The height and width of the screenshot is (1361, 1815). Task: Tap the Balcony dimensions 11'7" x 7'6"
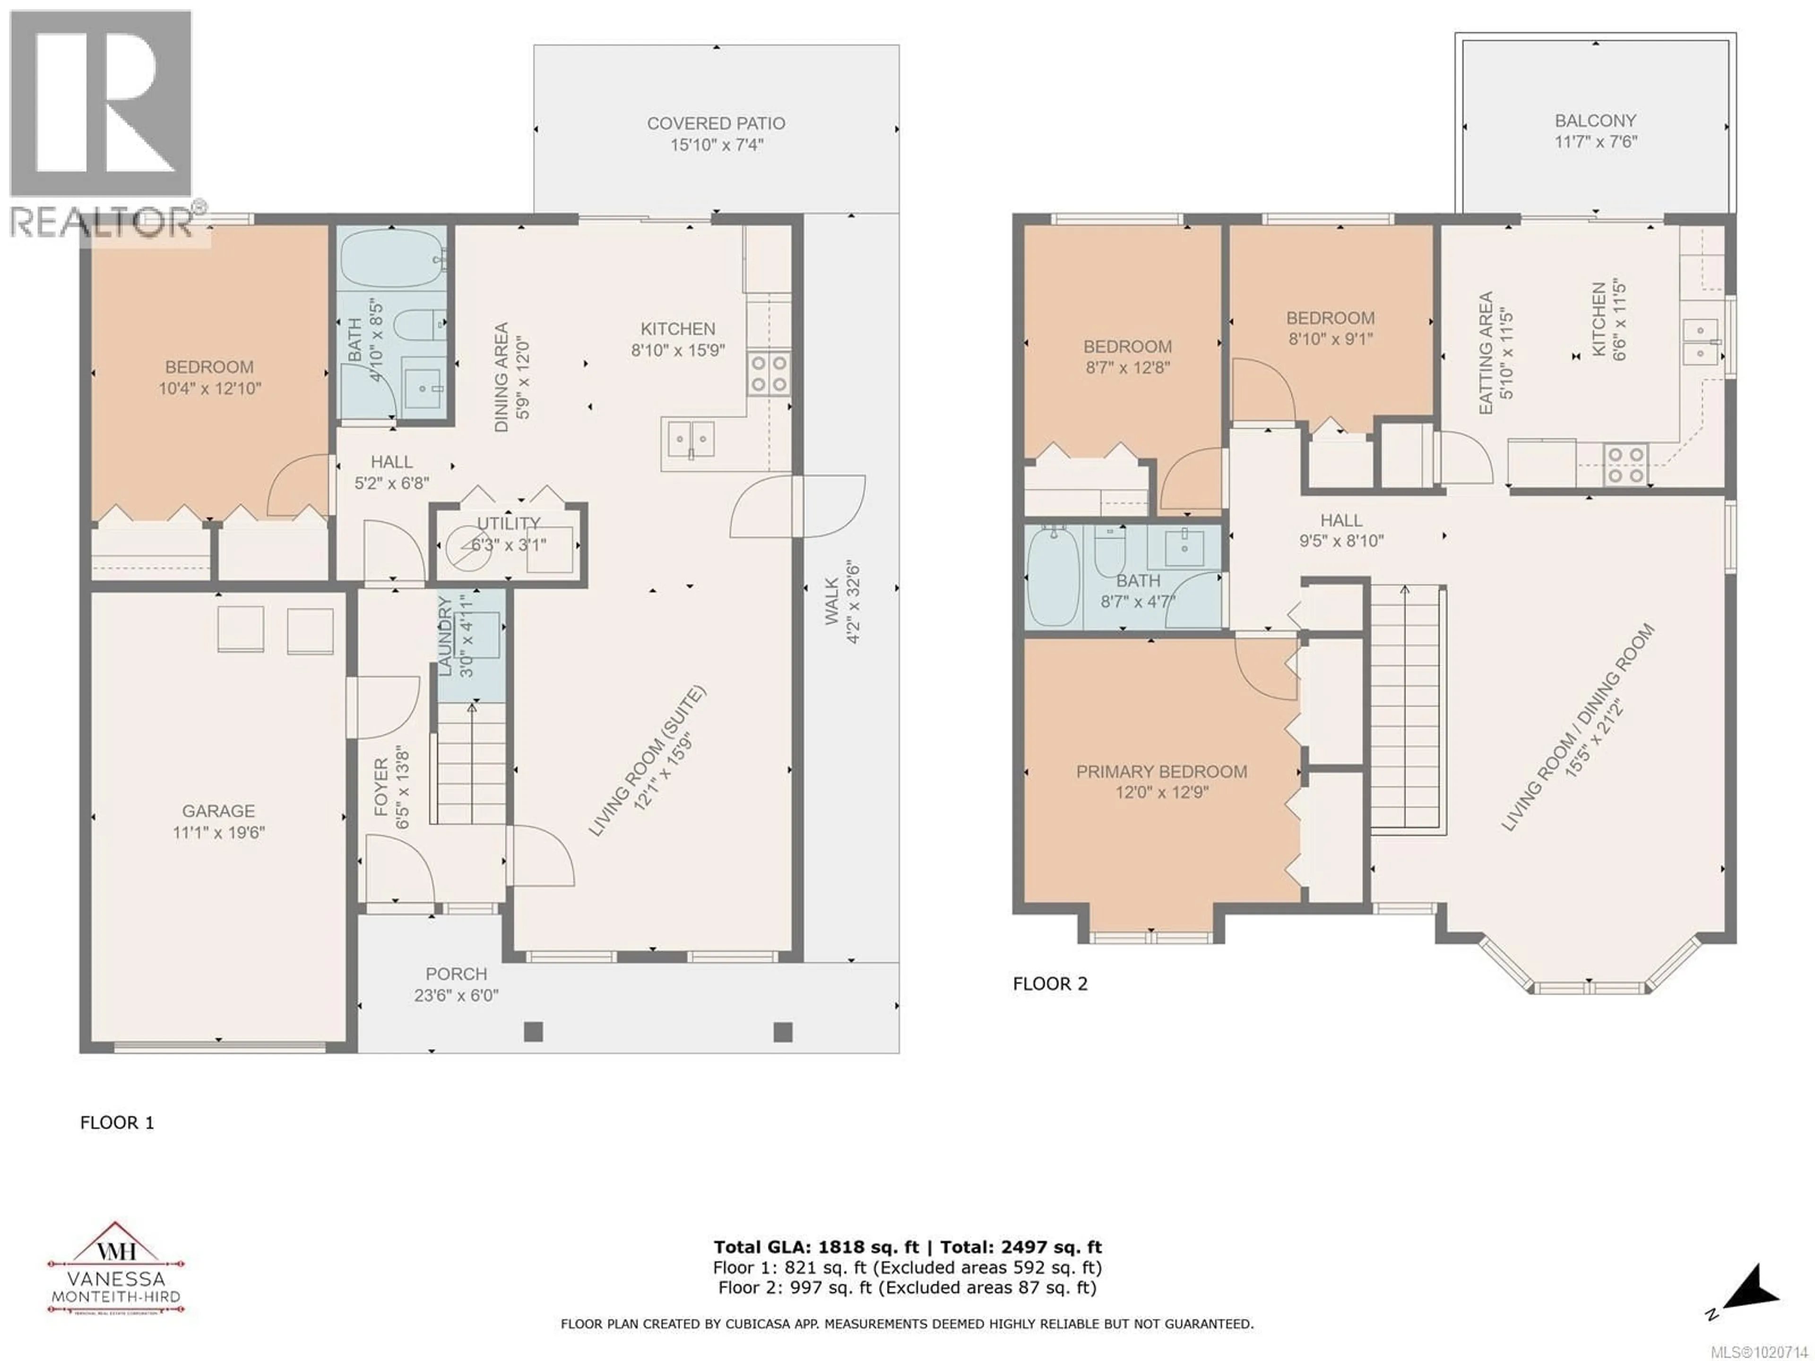tap(1595, 142)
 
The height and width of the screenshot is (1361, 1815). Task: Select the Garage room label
tap(218, 810)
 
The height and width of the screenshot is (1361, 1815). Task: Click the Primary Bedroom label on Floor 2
tap(1161, 771)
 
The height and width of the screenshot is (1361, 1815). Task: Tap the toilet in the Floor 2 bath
tap(1109, 554)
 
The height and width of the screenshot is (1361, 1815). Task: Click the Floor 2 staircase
tap(1406, 710)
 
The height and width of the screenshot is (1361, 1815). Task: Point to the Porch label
tap(456, 974)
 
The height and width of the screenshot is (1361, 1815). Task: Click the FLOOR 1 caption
tap(117, 1122)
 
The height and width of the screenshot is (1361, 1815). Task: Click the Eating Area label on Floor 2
tap(1485, 353)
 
